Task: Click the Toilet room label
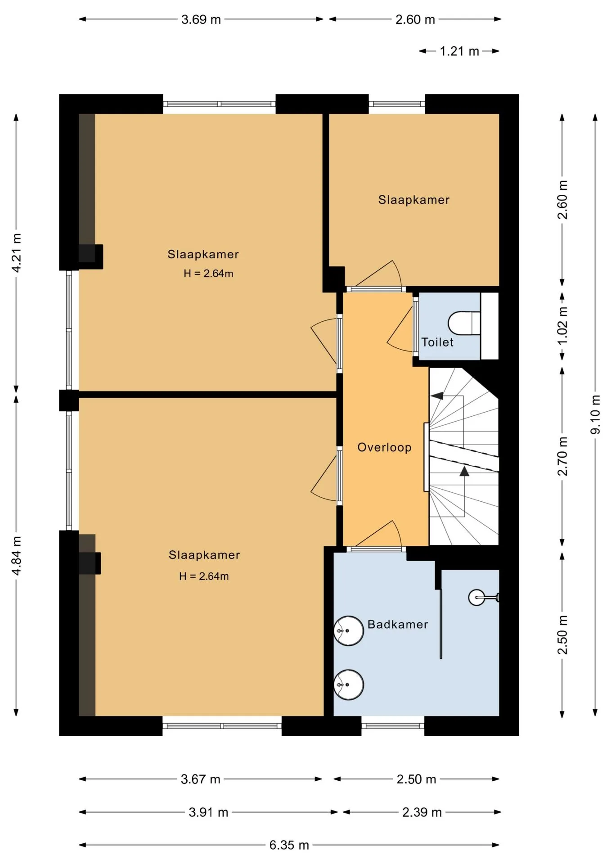tap(437, 342)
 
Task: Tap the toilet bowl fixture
tap(464, 323)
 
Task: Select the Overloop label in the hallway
tap(384, 447)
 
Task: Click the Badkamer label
tap(398, 624)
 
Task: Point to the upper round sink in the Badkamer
tap(349, 631)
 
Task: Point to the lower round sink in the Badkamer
tap(349, 685)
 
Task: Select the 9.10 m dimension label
tap(595, 414)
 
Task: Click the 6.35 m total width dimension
tap(289, 845)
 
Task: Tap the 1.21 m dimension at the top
tap(459, 51)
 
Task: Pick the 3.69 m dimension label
tap(201, 19)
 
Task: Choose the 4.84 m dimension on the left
tap(17, 556)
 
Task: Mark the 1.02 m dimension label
tap(562, 326)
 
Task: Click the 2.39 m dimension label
tap(422, 812)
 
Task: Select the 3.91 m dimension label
tap(208, 812)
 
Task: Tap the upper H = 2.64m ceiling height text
tap(208, 273)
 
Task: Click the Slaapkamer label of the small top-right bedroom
tap(414, 200)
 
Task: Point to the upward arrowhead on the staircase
tap(464, 471)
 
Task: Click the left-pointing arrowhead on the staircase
tap(436, 396)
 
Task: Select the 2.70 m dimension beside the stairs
tap(562, 456)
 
